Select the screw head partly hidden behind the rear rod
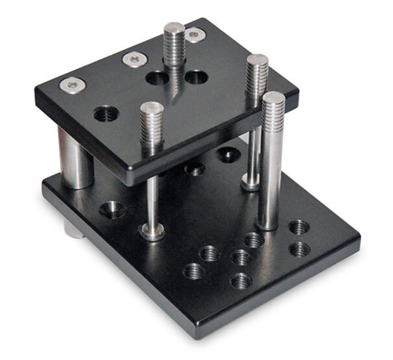(193, 35)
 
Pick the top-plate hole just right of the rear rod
(196, 77)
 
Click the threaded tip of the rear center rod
(174, 38)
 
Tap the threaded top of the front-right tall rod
(273, 109)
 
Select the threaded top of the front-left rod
(151, 118)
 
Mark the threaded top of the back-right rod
(257, 69)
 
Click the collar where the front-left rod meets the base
(152, 231)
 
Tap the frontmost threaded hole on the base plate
(240, 281)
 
